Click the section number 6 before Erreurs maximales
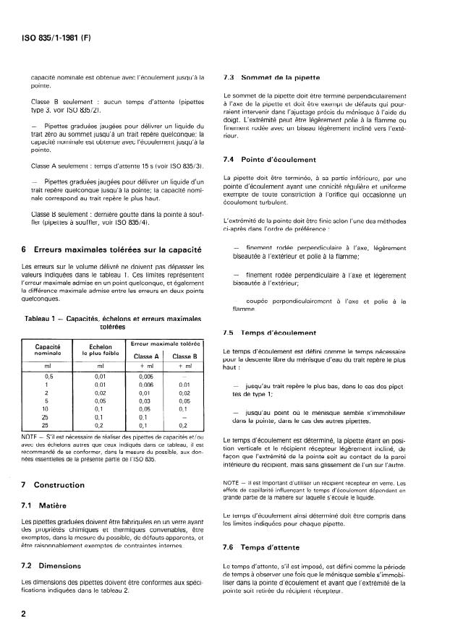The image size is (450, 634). pyautogui.click(x=25, y=249)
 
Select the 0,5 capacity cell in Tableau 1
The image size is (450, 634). pyautogui.click(x=48, y=377)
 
